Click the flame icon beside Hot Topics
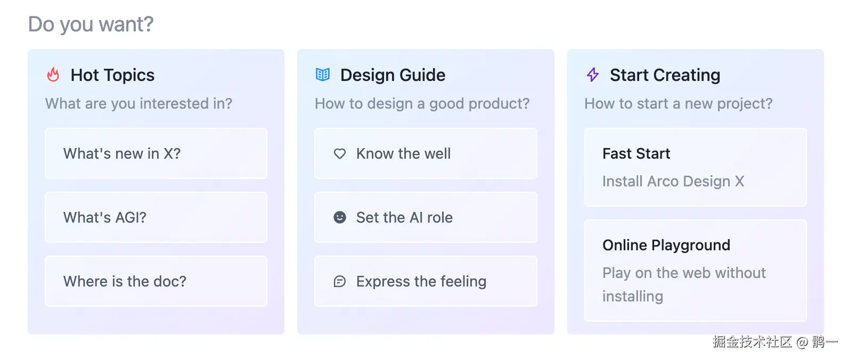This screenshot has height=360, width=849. (53, 75)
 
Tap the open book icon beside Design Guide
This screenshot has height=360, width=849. (323, 75)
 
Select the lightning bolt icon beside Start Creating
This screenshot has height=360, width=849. (593, 75)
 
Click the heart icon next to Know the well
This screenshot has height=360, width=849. (340, 153)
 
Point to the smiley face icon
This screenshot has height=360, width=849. (340, 217)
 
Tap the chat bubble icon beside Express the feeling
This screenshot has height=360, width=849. (340, 281)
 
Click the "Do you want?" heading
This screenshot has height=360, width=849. (91, 24)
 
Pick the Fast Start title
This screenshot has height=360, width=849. (636, 153)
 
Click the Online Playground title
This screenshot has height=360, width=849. (666, 245)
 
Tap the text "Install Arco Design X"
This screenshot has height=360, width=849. (673, 181)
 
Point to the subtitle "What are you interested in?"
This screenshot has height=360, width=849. (138, 103)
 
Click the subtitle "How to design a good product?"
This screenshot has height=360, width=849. (422, 103)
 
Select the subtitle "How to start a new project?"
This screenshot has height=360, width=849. (678, 103)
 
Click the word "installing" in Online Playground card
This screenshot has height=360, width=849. (633, 296)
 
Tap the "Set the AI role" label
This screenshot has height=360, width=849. (404, 217)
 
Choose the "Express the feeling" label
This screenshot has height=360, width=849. (421, 281)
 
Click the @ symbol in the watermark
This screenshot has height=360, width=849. (802, 342)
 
